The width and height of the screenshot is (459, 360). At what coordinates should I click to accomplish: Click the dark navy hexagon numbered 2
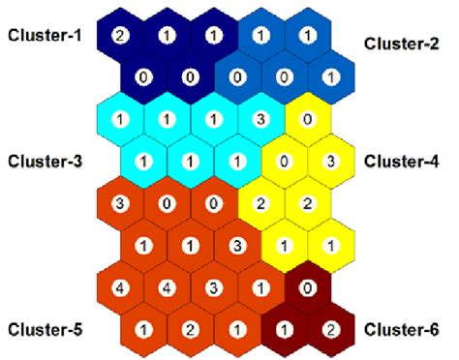click(x=120, y=36)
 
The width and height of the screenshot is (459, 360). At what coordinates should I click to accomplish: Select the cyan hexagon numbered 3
click(x=260, y=120)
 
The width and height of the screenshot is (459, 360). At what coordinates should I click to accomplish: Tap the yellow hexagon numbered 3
click(x=330, y=161)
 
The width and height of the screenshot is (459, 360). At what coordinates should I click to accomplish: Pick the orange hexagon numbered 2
click(x=190, y=330)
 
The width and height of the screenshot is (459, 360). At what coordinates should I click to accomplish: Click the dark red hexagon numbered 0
click(x=307, y=288)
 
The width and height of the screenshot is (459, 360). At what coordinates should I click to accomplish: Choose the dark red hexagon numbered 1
click(x=284, y=330)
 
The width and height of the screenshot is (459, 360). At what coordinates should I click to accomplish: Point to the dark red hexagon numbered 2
click(x=330, y=330)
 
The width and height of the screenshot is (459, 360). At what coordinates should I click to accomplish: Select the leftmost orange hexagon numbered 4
click(x=120, y=288)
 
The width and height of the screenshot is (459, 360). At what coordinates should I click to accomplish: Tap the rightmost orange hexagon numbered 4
click(x=167, y=288)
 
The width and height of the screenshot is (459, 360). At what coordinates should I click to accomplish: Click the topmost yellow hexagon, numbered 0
click(x=307, y=120)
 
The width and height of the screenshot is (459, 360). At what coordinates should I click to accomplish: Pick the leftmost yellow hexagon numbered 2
click(x=260, y=203)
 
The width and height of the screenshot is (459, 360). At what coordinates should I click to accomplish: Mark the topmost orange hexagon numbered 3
click(x=120, y=203)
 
